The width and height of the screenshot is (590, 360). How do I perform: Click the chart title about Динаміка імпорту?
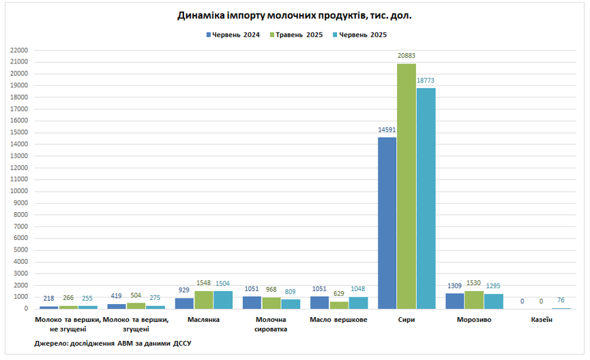coord(295,14)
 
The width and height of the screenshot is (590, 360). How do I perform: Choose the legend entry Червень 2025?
coord(362,34)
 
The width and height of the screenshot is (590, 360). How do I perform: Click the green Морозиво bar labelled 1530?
coord(474,300)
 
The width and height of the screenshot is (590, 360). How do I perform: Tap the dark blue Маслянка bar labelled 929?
coord(184,303)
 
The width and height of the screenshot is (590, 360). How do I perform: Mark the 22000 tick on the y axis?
coord(18,50)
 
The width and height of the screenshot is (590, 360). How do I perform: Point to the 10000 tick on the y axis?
coord(18,191)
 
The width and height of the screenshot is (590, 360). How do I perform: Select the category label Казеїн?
coord(541,319)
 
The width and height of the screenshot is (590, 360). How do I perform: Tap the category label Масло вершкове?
coord(338,319)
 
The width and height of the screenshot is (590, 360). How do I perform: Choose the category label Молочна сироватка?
coord(271,324)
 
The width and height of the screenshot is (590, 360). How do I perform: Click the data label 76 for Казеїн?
coord(561,301)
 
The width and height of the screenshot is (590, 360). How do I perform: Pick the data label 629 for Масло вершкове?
coord(339,295)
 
